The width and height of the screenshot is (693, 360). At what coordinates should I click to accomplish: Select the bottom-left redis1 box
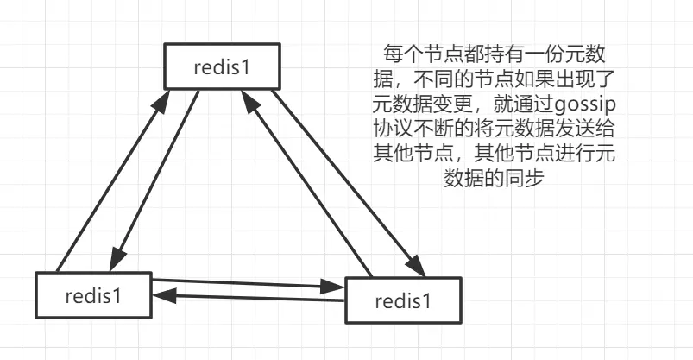tap(93, 294)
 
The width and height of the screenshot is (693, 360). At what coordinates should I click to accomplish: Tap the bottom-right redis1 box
tap(403, 299)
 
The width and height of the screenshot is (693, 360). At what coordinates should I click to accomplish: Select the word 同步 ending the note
tap(532, 178)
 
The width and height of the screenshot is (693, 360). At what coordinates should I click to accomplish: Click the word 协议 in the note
tap(395, 129)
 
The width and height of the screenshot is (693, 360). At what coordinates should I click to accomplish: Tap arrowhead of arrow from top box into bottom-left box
tap(116, 262)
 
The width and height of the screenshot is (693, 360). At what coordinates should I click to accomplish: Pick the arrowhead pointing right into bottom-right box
tap(337, 284)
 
